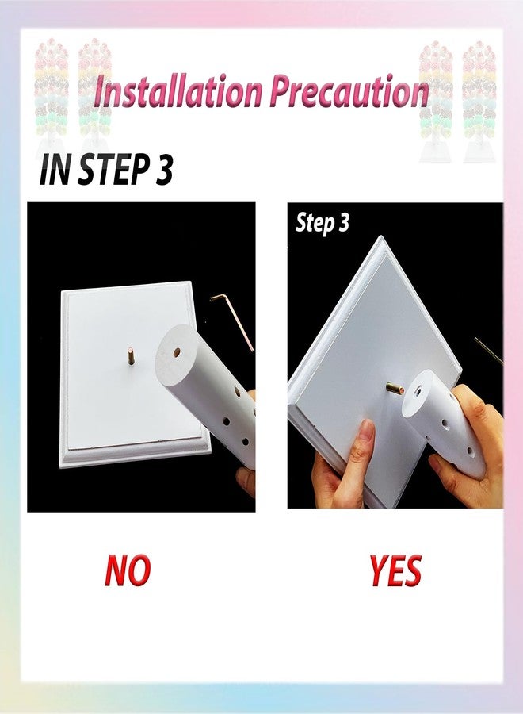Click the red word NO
pos(128,570)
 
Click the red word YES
pos(395,570)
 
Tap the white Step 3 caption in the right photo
pos(323,223)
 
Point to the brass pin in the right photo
pos(395,389)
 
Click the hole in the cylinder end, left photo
pos(177,352)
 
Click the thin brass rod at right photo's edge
pos(489,351)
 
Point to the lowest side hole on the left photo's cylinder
pos(245,441)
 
